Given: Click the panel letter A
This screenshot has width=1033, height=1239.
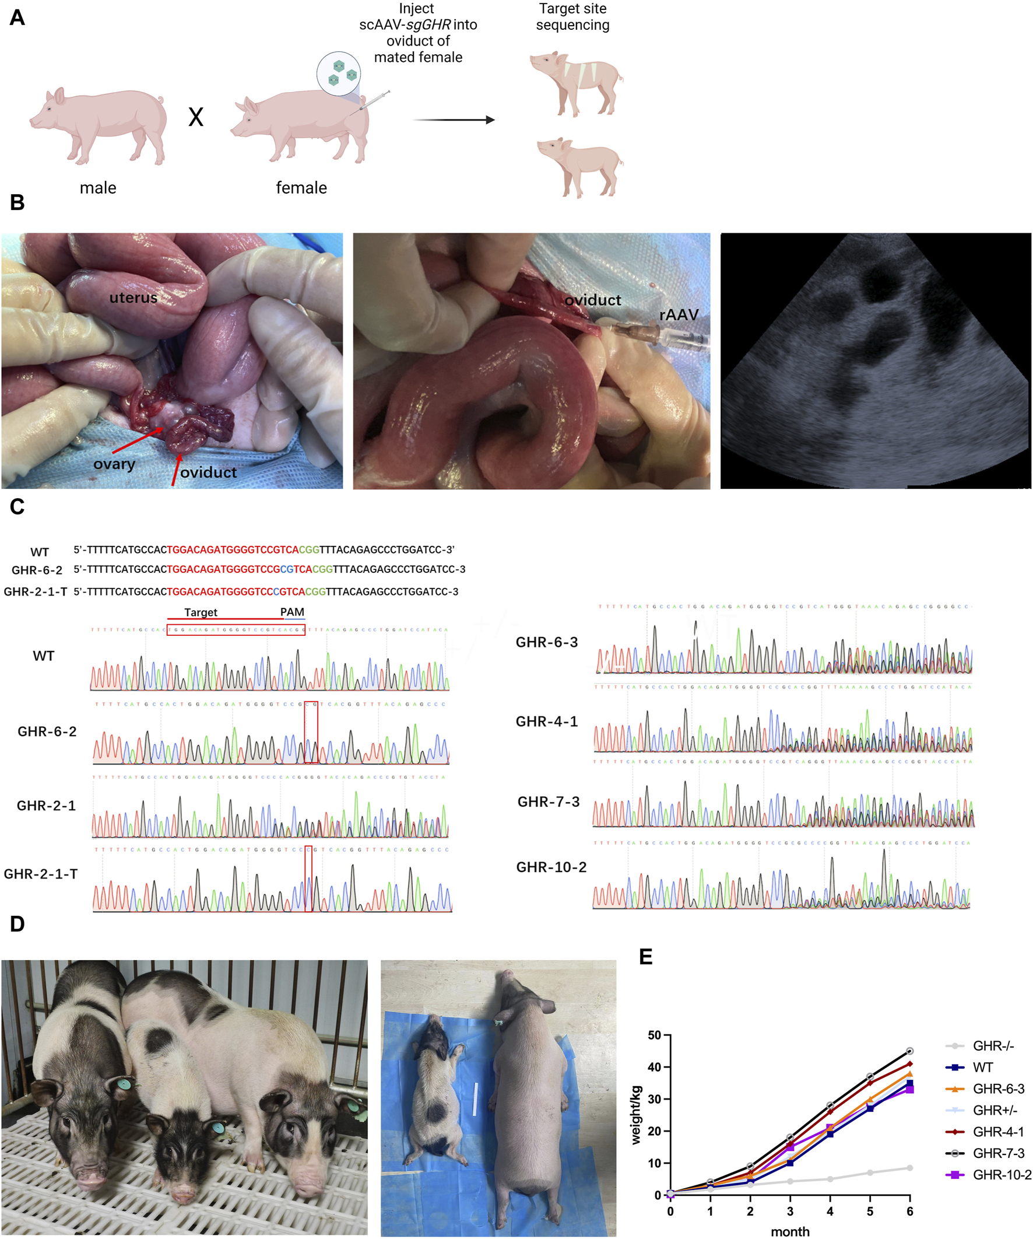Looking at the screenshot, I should click(17, 17).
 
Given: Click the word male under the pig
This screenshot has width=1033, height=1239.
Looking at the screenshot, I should click(98, 188).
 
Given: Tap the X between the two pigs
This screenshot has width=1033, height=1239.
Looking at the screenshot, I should click(196, 117).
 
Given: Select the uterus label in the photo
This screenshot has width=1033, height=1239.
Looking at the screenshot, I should click(133, 298).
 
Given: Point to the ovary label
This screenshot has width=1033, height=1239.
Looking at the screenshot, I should click(114, 464).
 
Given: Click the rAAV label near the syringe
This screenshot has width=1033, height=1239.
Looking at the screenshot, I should click(679, 315).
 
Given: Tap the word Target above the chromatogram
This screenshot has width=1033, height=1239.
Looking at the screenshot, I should click(201, 612).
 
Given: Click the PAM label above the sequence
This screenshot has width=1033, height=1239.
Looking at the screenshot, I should click(292, 612).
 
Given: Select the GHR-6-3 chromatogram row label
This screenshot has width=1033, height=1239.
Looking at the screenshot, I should click(547, 642).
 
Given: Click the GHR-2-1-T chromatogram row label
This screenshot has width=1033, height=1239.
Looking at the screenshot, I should click(41, 874).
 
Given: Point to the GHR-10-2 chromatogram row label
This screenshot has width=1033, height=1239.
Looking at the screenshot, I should click(551, 867).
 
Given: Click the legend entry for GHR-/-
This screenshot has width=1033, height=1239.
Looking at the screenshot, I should click(993, 1046).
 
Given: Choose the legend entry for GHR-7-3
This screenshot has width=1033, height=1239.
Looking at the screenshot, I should click(998, 1153).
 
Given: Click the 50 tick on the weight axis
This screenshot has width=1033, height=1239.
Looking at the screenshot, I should click(654, 1035).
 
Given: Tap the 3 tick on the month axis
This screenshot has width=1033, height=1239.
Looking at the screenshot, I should click(790, 1211).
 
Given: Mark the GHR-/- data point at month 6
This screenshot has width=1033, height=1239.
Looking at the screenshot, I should click(910, 1168).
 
